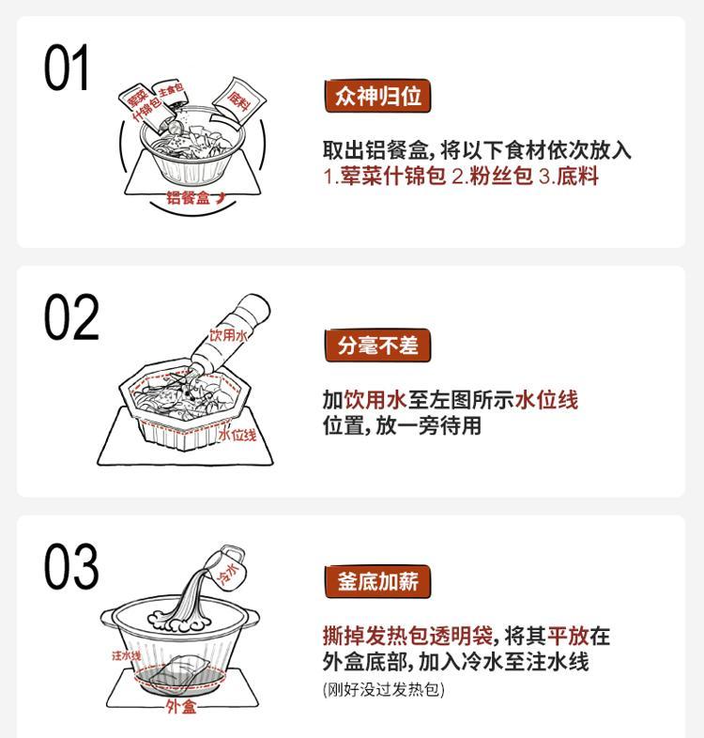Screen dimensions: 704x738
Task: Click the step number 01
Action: tap(67, 68)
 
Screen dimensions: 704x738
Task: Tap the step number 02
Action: tap(71, 316)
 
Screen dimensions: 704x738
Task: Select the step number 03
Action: tap(71, 566)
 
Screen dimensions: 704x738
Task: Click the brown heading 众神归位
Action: tap(377, 96)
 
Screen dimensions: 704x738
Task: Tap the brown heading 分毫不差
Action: tap(377, 346)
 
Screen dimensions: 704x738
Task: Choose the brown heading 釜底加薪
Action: tap(377, 581)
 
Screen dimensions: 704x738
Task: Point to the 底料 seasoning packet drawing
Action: tap(238, 101)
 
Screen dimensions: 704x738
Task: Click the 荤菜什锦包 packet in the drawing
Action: tap(142, 107)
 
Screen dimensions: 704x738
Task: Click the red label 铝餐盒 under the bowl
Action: tap(189, 198)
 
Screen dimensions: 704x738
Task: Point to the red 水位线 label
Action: tap(237, 435)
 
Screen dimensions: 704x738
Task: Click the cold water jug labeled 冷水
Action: tap(228, 566)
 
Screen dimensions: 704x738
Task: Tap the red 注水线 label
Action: tap(126, 655)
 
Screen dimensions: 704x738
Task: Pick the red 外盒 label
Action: tap(181, 706)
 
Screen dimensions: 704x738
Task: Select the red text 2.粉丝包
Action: tap(492, 176)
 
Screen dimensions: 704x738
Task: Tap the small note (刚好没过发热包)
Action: tap(384, 689)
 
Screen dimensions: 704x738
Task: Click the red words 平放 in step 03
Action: tap(568, 636)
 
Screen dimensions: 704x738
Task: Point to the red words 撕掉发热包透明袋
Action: tap(407, 636)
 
